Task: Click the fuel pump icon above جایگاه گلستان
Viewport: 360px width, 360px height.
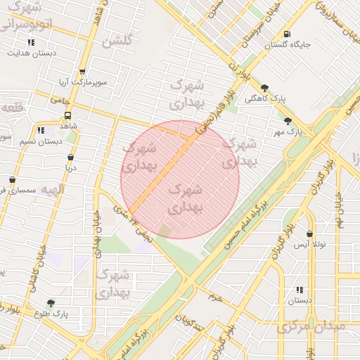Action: pyautogui.click(x=286, y=34)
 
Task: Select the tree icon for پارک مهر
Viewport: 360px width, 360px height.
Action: pyautogui.click(x=288, y=121)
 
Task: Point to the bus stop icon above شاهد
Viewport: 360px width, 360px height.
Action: pyautogui.click(x=68, y=115)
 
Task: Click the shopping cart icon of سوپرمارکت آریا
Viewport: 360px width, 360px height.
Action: pyautogui.click(x=82, y=72)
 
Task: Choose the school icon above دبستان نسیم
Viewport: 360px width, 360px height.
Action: pyautogui.click(x=40, y=130)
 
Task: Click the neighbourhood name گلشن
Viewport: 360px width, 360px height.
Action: pyautogui.click(x=117, y=41)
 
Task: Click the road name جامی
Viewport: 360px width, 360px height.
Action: pyautogui.click(x=56, y=101)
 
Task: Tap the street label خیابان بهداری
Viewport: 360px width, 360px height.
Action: pyautogui.click(x=92, y=233)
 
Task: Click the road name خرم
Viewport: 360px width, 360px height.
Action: pyautogui.click(x=213, y=297)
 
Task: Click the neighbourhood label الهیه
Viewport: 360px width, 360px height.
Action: pyautogui.click(x=52, y=191)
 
